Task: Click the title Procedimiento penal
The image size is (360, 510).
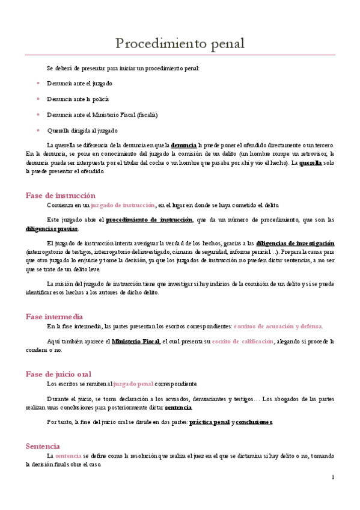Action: coord(180,43)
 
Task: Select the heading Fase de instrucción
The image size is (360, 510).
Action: coord(61,195)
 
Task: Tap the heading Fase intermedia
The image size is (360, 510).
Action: coord(54,316)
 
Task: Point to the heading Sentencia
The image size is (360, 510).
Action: coord(43,446)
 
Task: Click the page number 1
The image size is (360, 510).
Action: coord(332,477)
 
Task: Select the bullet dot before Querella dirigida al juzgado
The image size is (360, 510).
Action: coord(38,130)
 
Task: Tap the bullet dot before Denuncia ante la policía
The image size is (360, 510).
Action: coord(38,99)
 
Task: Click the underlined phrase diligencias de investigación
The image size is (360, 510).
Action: coord(295,242)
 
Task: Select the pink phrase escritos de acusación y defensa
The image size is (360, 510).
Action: coord(278,327)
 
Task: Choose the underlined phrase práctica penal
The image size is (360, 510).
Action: coord(209,422)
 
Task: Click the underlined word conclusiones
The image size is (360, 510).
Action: coord(254,422)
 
